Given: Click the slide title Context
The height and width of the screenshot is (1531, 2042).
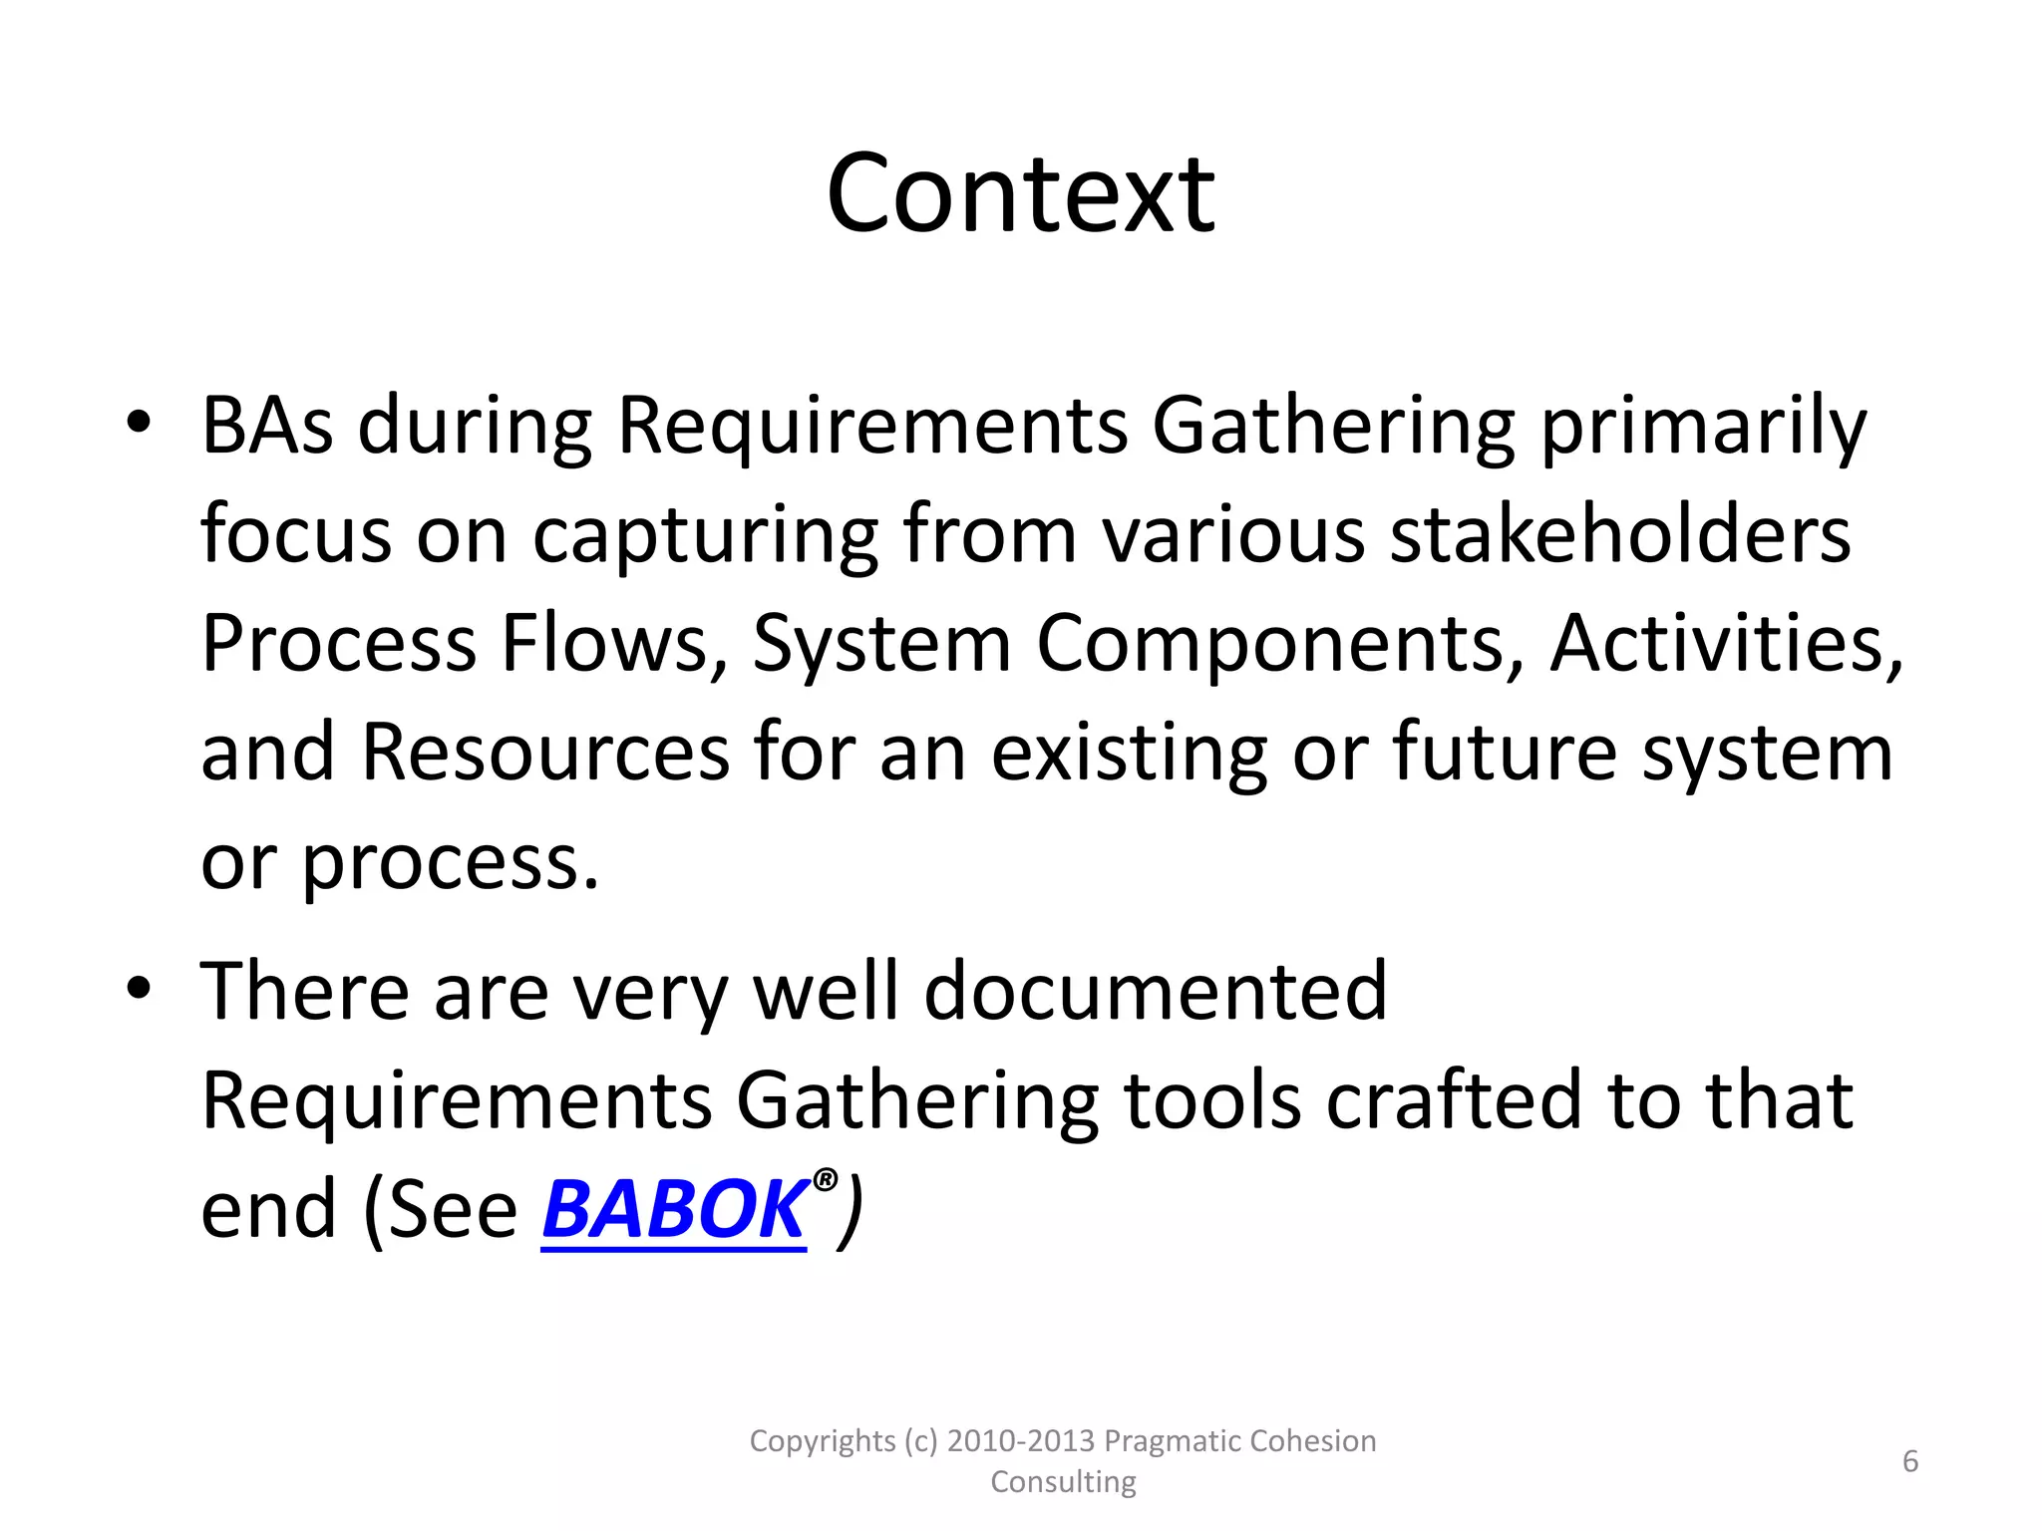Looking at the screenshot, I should pos(1020,193).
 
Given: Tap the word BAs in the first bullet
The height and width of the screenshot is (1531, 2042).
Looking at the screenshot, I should pos(266,426).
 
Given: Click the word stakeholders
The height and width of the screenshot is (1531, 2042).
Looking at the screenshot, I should pos(1620,534).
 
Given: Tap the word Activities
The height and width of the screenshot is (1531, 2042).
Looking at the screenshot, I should pos(1726,643).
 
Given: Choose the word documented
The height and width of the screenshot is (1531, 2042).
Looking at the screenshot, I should pos(1156,991).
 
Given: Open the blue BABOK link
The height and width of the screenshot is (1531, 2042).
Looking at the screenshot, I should pos(674,1209).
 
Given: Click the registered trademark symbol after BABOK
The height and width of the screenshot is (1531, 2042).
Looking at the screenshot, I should pos(825,1181).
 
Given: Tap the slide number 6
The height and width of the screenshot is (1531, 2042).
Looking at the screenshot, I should pos(1910,1461).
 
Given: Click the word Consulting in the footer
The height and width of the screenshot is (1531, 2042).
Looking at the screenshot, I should pos(1063,1482).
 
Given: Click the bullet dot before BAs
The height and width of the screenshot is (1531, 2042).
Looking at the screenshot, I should pos(139,422).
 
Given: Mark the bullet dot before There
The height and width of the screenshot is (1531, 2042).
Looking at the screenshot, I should pos(139,988).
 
